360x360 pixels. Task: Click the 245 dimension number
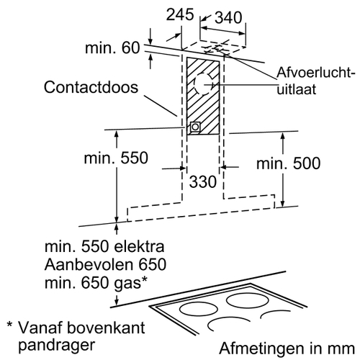[x=180, y=15]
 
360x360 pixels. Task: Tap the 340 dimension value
[x=228, y=17]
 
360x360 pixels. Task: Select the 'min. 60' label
[x=112, y=48]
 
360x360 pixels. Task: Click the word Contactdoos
[x=91, y=87]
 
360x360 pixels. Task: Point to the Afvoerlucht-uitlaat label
[x=315, y=81]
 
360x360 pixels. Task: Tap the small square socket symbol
[x=195, y=127]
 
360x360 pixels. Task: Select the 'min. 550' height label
[x=116, y=158]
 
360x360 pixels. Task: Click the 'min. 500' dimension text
[x=288, y=163]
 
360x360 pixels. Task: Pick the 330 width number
[x=203, y=181]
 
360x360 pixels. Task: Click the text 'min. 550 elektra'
[x=104, y=246]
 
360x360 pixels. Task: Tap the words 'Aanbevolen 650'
[x=105, y=264]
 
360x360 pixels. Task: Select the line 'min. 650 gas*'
[x=96, y=283]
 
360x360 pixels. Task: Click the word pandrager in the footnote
[x=57, y=346]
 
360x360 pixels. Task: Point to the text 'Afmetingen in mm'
[x=287, y=348]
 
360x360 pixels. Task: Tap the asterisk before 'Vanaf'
[x=9, y=325]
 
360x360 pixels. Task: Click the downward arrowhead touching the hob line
[x=117, y=302]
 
